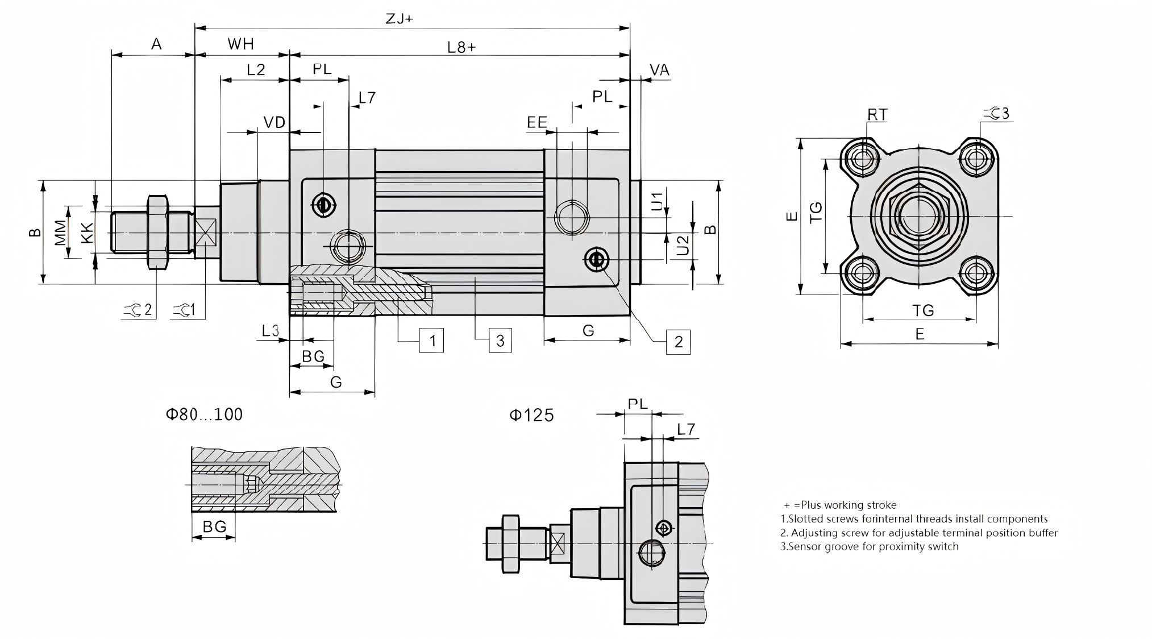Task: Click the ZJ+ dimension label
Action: pyautogui.click(x=399, y=19)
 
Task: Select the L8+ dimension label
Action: pyautogui.click(x=461, y=47)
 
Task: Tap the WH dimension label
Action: pyautogui.click(x=240, y=44)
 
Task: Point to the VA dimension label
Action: pyautogui.click(x=659, y=70)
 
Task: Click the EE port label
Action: pyautogui.click(x=537, y=122)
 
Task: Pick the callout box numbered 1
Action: pyautogui.click(x=432, y=341)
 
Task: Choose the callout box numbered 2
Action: pyautogui.click(x=678, y=342)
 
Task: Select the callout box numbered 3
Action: pyautogui.click(x=500, y=341)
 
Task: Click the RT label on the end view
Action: pyautogui.click(x=877, y=115)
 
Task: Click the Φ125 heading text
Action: pyautogui.click(x=531, y=416)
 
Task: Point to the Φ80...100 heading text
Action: pyautogui.click(x=204, y=414)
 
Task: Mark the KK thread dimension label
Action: pyautogui.click(x=87, y=233)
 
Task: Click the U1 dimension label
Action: pyautogui.click(x=657, y=201)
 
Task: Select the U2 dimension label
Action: pyautogui.click(x=683, y=246)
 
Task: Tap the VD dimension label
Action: pyautogui.click(x=274, y=122)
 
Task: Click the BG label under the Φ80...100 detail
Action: pyautogui.click(x=214, y=527)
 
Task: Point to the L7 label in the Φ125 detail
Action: pyautogui.click(x=686, y=430)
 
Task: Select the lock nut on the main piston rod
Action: pyautogui.click(x=157, y=232)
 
